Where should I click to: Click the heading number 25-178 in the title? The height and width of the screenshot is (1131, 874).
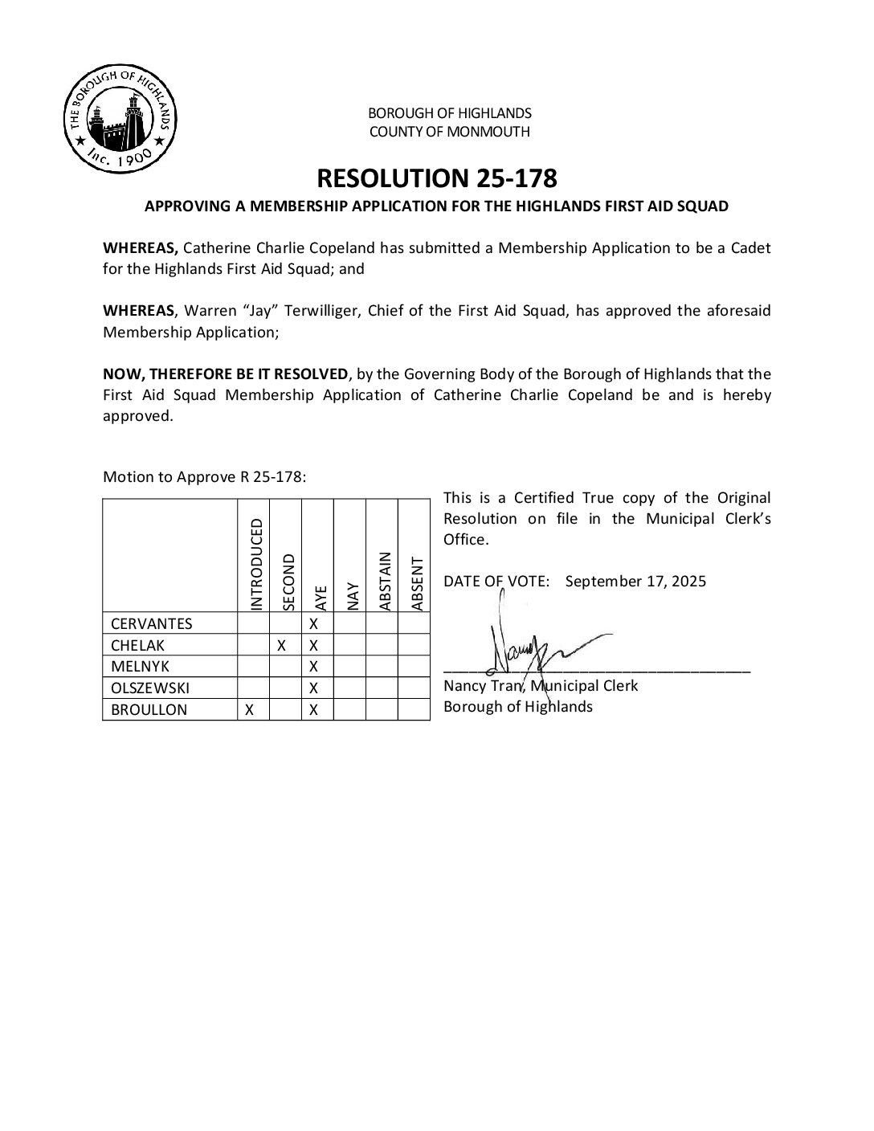pyautogui.click(x=506, y=178)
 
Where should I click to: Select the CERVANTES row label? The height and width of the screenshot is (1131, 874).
pyautogui.click(x=152, y=624)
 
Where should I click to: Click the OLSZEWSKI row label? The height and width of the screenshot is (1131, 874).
pyautogui.click(x=150, y=688)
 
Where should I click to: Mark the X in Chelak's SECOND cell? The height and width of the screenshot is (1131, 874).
pyautogui.click(x=282, y=645)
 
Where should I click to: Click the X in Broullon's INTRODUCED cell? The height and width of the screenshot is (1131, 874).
pyautogui.click(x=250, y=710)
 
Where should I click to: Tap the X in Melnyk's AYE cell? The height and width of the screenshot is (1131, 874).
pyautogui.click(x=314, y=667)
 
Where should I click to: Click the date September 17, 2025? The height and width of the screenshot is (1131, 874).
pyautogui.click(x=635, y=582)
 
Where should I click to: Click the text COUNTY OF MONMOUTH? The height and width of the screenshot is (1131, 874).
pyautogui.click(x=449, y=132)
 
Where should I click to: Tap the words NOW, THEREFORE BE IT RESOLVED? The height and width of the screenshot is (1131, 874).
pyautogui.click(x=227, y=374)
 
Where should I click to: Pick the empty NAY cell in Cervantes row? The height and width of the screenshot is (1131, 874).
pyautogui.click(x=349, y=624)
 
